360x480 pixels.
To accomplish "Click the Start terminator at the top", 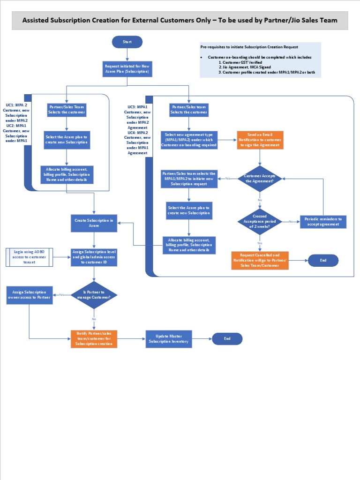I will (x=127, y=42).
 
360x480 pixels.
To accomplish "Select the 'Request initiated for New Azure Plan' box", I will (x=127, y=69).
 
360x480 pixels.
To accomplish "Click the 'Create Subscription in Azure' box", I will (x=94, y=223).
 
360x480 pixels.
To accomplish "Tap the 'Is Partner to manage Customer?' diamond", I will (x=94, y=295).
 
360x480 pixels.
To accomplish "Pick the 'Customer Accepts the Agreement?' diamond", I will (x=260, y=178).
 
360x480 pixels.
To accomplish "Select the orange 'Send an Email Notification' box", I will (x=260, y=140).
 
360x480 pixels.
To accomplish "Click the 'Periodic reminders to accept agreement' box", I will (x=323, y=221).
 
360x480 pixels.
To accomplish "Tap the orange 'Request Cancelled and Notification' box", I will (x=260, y=260).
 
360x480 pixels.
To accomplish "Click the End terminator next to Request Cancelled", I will (x=323, y=260).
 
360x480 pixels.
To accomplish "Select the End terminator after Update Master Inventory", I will (x=227, y=338).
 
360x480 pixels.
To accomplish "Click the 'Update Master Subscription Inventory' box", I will (x=169, y=339).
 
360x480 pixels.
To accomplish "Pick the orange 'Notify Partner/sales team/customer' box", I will (x=94, y=338).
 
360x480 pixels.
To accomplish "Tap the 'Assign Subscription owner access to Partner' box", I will (x=30, y=294).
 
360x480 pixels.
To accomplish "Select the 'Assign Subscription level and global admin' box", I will (x=94, y=257).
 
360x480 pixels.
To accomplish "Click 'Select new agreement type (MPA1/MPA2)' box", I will (x=189, y=140).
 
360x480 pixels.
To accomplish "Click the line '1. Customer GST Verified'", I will (x=242, y=62).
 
